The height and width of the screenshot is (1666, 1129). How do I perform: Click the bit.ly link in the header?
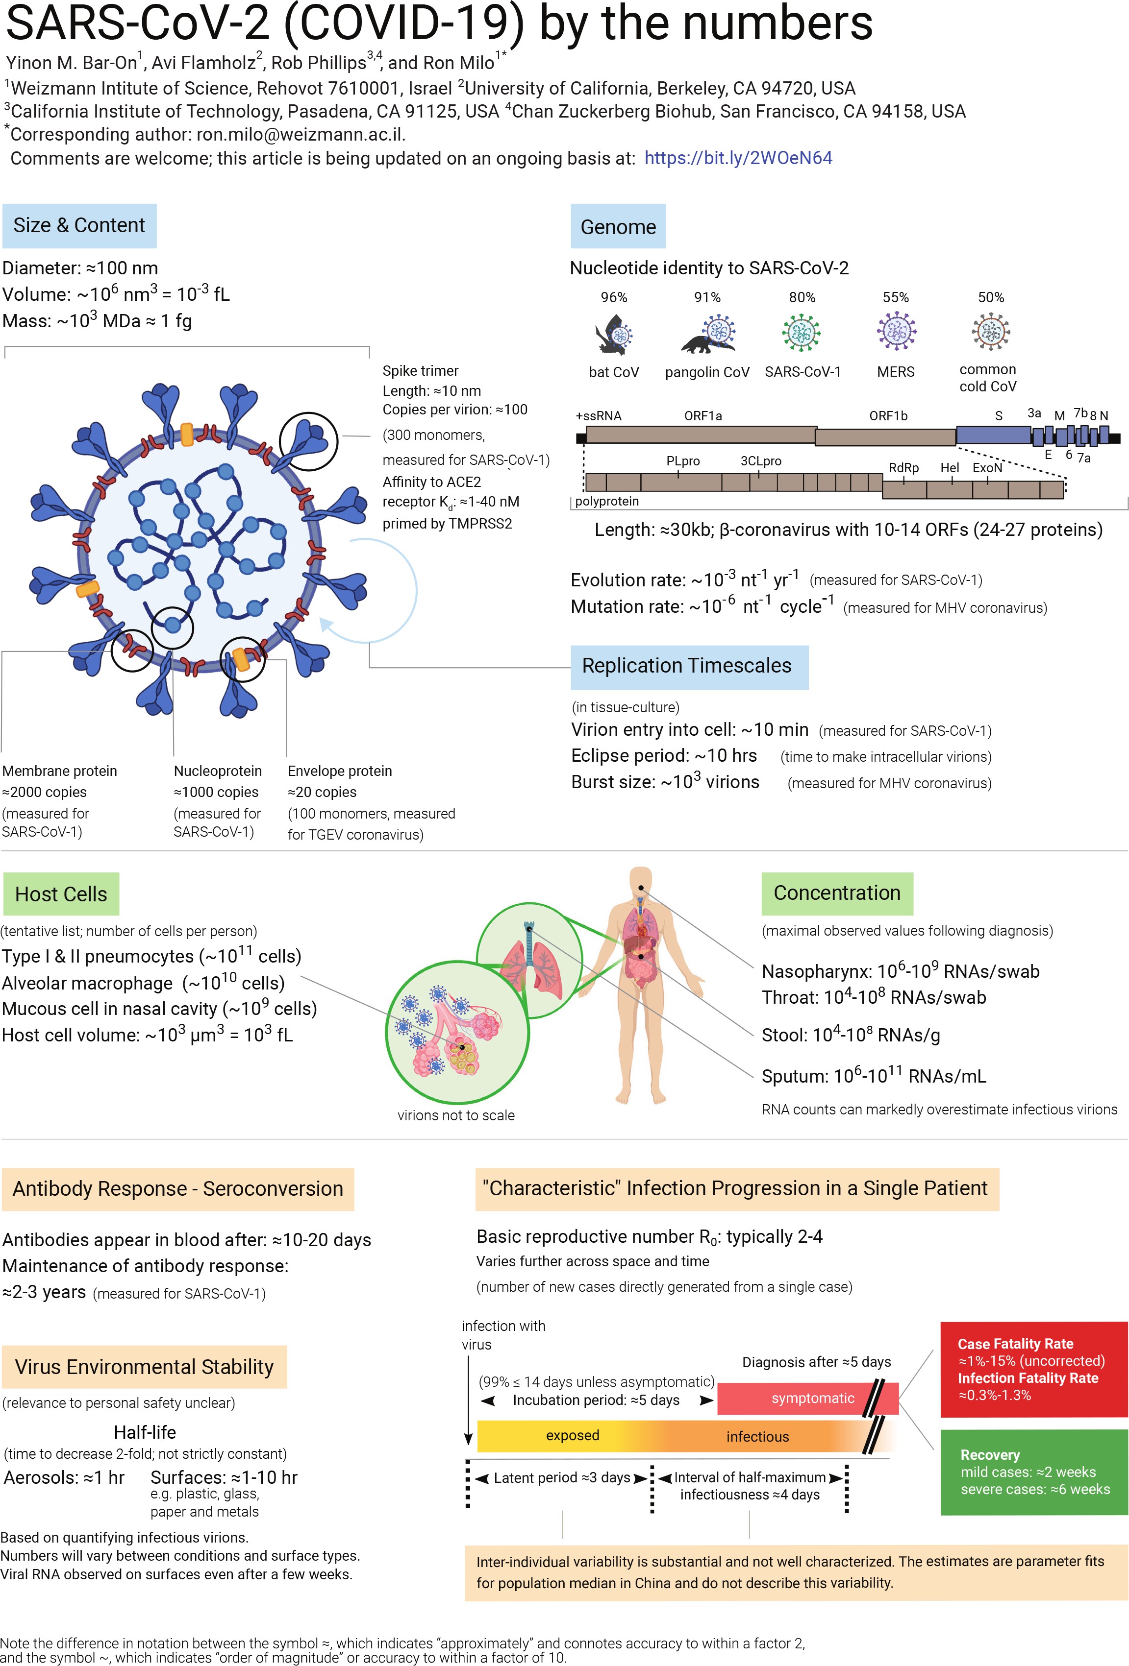(738, 158)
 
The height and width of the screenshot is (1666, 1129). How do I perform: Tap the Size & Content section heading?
(79, 225)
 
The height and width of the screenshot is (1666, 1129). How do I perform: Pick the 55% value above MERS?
(895, 297)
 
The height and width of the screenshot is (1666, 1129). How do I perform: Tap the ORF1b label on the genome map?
(888, 416)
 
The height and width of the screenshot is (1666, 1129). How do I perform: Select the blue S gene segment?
(993, 435)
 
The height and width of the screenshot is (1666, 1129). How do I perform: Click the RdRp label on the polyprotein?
(903, 467)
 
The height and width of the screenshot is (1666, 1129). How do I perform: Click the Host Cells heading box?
(61, 894)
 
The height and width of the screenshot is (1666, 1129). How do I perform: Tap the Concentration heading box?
(836, 893)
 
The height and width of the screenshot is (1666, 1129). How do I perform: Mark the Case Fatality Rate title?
(1015, 1343)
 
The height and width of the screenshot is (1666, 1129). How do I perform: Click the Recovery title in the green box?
(989, 1454)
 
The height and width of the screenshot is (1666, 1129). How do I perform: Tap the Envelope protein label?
(339, 771)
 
